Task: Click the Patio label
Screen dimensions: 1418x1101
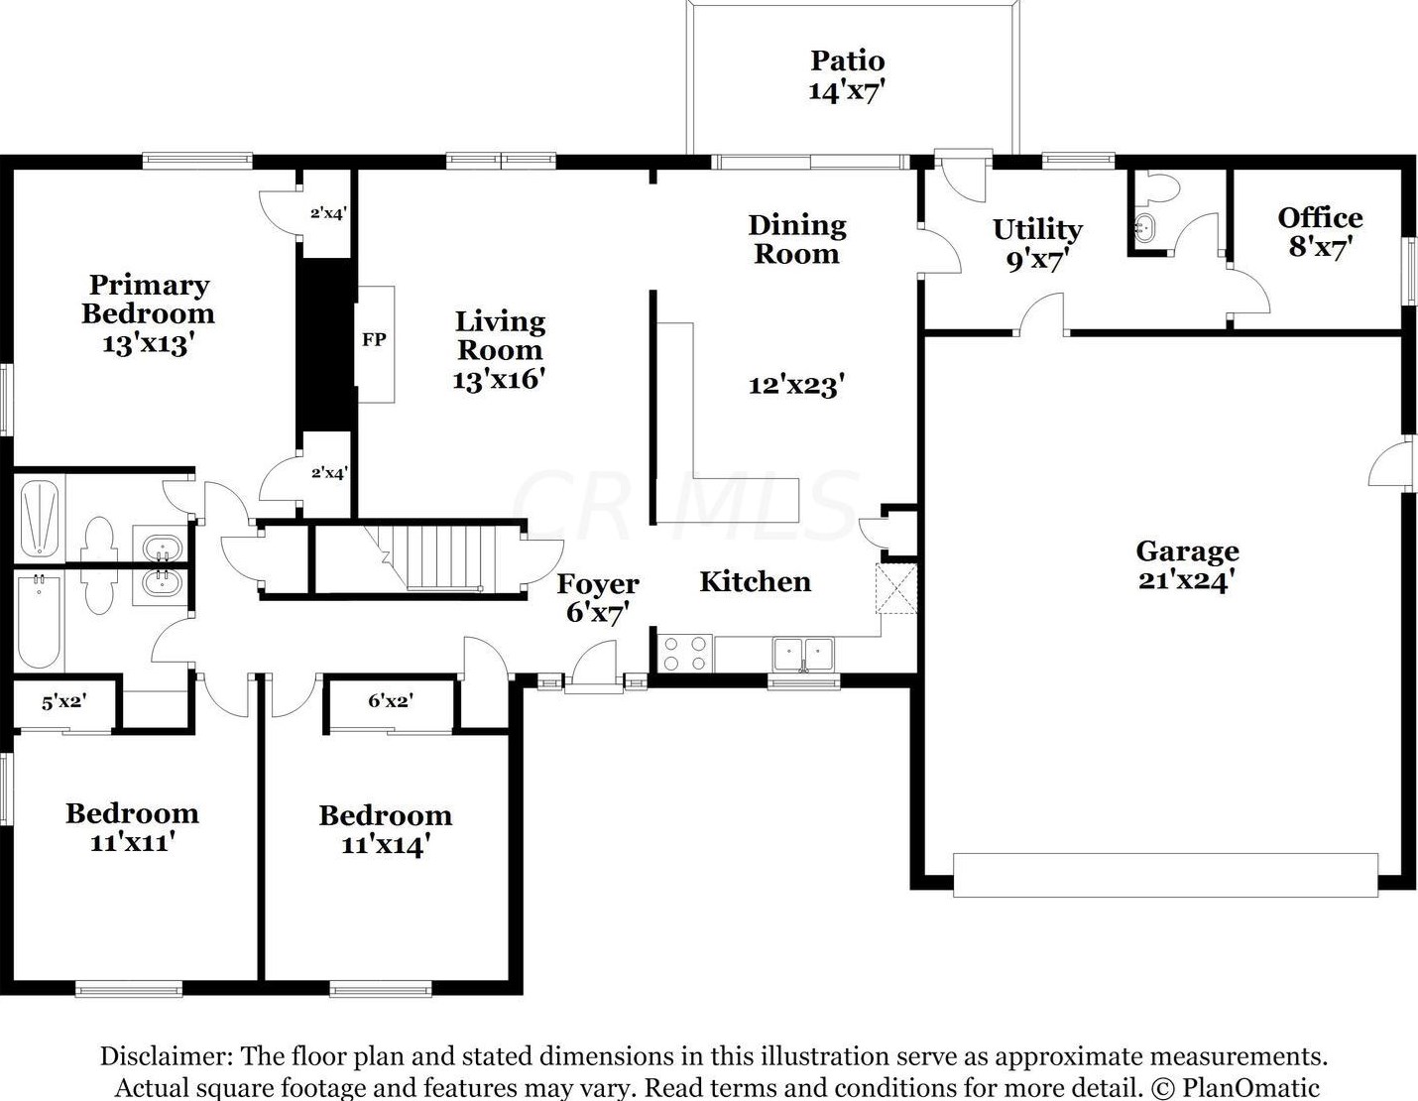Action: pyautogui.click(x=847, y=61)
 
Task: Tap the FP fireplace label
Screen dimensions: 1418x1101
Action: pyautogui.click(x=374, y=339)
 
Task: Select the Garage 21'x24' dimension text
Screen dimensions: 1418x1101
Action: pyautogui.click(x=1187, y=579)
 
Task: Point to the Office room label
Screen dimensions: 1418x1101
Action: pyautogui.click(x=1320, y=217)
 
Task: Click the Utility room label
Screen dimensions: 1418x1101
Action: pyautogui.click(x=1037, y=230)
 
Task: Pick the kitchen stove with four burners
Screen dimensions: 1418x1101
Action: pyautogui.click(x=685, y=654)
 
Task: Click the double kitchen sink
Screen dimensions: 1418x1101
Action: pyautogui.click(x=803, y=655)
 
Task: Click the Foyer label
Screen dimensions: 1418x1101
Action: pyautogui.click(x=598, y=584)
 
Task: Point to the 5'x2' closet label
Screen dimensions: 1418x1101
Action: pyautogui.click(x=64, y=703)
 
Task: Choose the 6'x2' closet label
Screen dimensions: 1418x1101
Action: pyautogui.click(x=391, y=701)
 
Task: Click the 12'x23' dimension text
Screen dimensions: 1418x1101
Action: pyautogui.click(x=796, y=385)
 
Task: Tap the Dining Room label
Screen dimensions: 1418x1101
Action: pyautogui.click(x=797, y=239)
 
